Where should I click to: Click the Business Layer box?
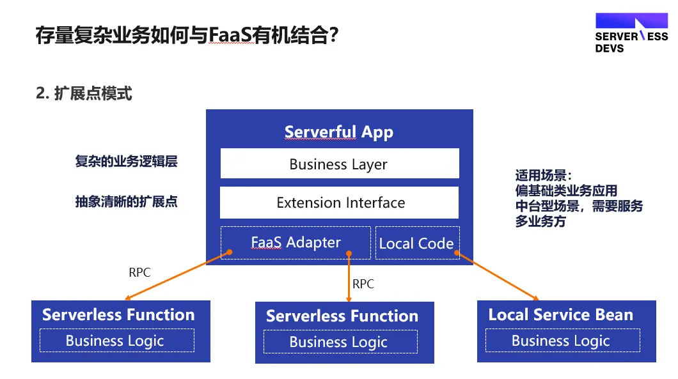[340, 164]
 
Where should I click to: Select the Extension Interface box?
[340, 203]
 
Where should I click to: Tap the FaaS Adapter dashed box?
[296, 243]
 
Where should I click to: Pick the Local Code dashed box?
[417, 243]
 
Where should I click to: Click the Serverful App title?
[339, 132]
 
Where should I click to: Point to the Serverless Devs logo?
[631, 33]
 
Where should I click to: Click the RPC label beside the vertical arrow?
[363, 284]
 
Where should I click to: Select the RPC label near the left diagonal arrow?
[139, 272]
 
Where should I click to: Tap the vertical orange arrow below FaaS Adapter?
[349, 277]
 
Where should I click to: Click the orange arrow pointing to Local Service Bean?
[497, 275]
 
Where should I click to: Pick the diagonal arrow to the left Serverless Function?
[178, 275]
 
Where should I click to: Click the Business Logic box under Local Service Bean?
[563, 341]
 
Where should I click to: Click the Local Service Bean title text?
[561, 314]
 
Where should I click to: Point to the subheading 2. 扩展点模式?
[84, 93]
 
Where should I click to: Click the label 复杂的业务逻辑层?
[126, 161]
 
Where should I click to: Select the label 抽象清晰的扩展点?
[126, 201]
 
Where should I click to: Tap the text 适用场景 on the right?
[541, 176]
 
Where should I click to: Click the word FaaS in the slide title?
[230, 35]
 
